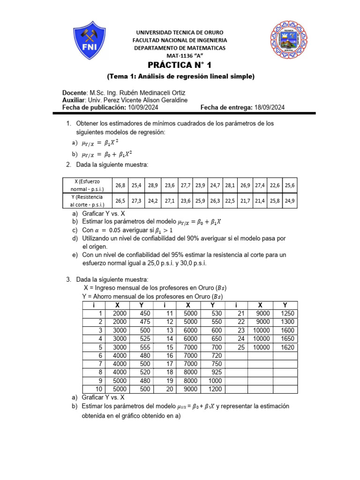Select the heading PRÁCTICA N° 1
(180, 65)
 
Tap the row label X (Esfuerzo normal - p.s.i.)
(87, 185)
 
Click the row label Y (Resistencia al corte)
(87, 201)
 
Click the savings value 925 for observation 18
(216, 373)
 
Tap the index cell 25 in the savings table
(241, 347)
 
